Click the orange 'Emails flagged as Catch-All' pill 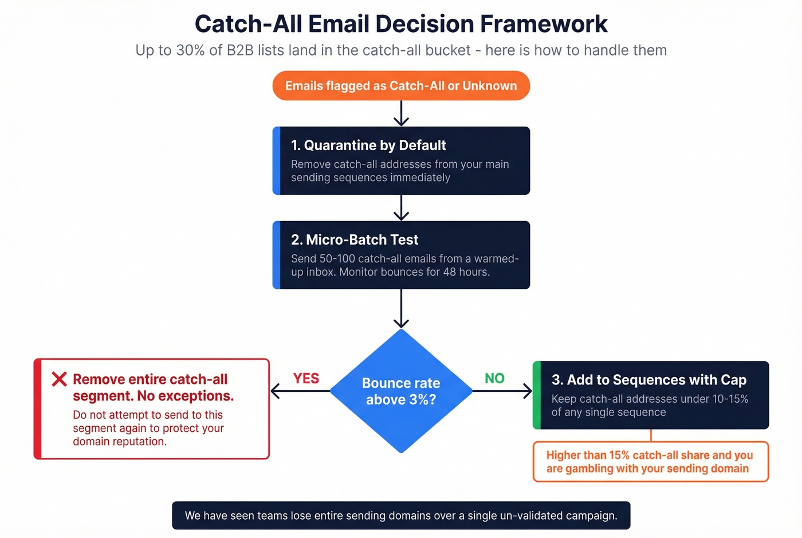(401, 86)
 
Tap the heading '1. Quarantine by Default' (368, 146)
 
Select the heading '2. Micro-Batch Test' (355, 239)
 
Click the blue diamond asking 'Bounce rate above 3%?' (401, 391)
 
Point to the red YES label (306, 379)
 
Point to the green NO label (494, 379)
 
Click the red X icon (59, 379)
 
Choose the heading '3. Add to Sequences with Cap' (648, 380)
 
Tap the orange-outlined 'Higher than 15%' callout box (650, 462)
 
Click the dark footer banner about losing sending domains (401, 516)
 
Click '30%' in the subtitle (190, 50)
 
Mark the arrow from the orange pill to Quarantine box (401, 113)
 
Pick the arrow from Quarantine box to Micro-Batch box (401, 208)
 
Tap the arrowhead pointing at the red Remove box (275, 391)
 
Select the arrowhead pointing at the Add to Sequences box (527, 391)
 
